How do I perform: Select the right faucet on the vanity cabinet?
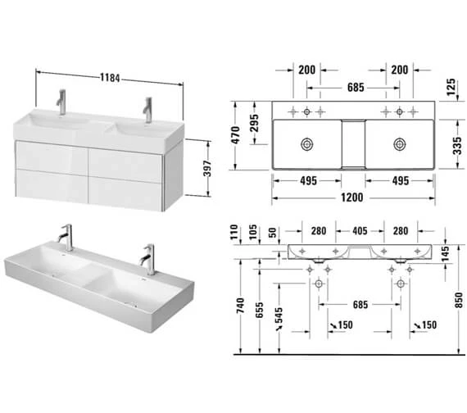pyautogui.click(x=147, y=108)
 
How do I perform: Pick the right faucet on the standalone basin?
pyautogui.click(x=149, y=258)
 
